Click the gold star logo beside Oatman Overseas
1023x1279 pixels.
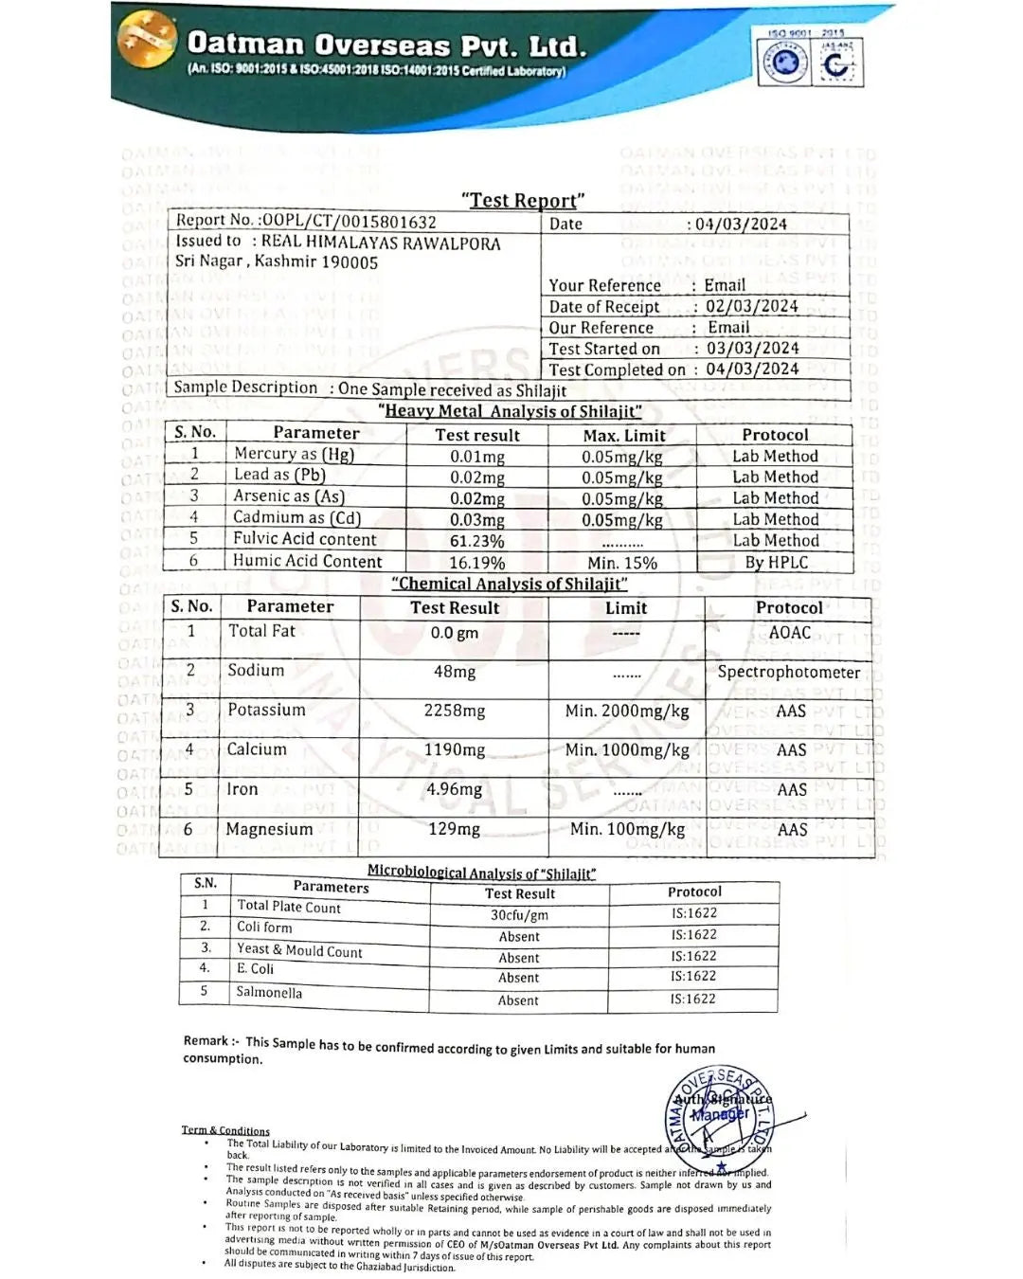(147, 41)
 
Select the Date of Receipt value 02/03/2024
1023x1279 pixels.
(751, 306)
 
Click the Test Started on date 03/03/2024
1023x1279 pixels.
(752, 348)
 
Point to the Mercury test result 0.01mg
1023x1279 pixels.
(477, 457)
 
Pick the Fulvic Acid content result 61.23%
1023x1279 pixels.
(477, 541)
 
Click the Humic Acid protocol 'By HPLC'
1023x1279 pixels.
(776, 562)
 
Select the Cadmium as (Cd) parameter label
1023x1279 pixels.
(296, 517)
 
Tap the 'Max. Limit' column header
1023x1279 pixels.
(623, 436)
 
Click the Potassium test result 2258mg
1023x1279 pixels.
(455, 711)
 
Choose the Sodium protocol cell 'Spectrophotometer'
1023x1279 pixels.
(788, 672)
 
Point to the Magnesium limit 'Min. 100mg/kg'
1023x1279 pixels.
(627, 829)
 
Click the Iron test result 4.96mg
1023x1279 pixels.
(455, 789)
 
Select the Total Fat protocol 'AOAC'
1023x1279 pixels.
(790, 632)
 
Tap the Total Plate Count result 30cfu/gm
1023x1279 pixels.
(519, 915)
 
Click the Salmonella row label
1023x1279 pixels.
(269, 992)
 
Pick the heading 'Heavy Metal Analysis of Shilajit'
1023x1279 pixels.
(511, 411)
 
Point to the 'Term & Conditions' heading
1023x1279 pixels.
(225, 1130)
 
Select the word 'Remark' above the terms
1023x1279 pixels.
(206, 1040)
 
